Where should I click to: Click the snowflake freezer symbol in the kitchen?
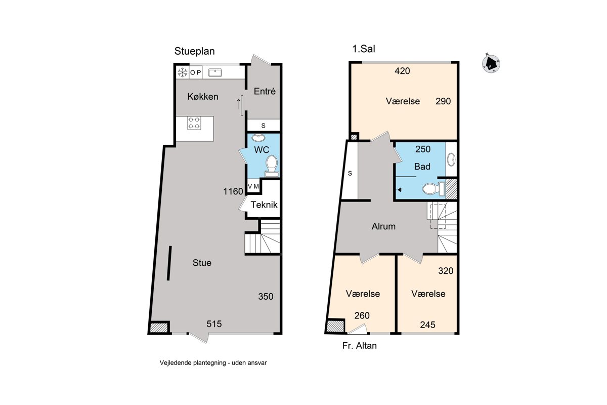(x=183, y=72)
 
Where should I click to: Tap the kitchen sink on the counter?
(x=215, y=72)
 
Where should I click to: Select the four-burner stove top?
(x=194, y=123)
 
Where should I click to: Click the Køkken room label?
(x=203, y=97)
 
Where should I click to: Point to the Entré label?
(x=265, y=91)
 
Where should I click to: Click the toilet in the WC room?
(x=272, y=166)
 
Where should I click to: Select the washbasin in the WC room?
(x=258, y=138)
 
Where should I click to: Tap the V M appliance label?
(x=253, y=186)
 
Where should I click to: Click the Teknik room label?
(x=264, y=205)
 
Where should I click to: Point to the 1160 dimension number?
(x=233, y=191)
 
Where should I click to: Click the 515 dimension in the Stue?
(x=214, y=323)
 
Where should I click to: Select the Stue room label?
(x=202, y=263)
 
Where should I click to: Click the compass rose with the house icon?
(x=491, y=64)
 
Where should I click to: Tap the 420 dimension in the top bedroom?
(x=402, y=71)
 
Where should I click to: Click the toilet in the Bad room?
(x=433, y=188)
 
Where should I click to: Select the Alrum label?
(x=383, y=226)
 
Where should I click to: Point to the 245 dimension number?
(x=427, y=325)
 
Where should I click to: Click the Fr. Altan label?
(x=359, y=346)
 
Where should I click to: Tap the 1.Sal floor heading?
(x=363, y=49)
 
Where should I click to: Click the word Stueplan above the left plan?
(x=194, y=51)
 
